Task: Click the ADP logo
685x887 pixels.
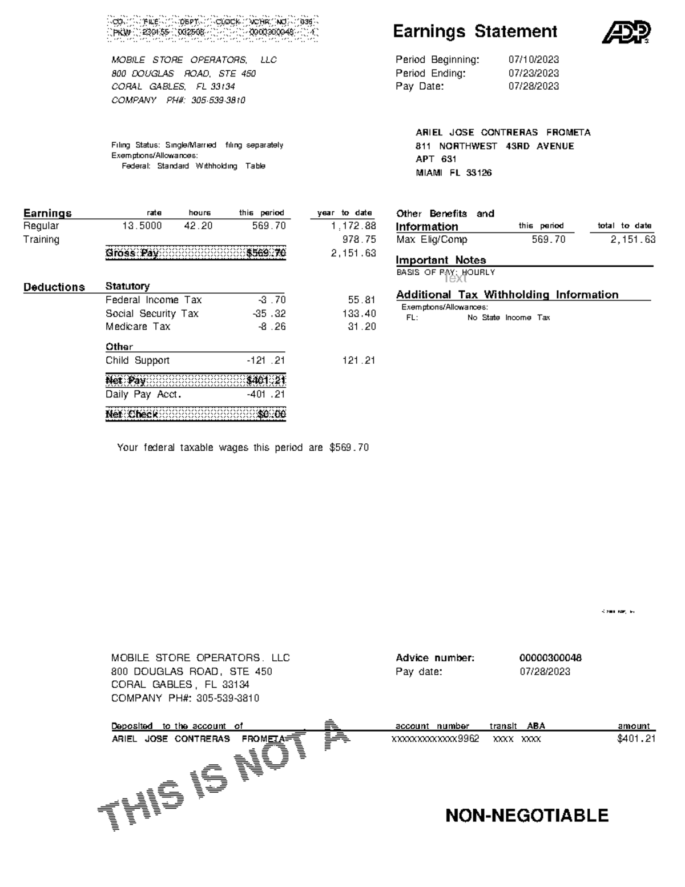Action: [626, 32]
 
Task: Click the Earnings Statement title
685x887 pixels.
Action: [475, 31]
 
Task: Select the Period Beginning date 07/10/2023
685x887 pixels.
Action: [533, 60]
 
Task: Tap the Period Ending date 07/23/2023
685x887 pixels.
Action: [533, 73]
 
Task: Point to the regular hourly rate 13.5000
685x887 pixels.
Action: [142, 226]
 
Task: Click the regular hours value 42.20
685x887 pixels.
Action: [198, 226]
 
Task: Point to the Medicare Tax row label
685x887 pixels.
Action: [138, 327]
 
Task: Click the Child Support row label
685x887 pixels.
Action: [137, 361]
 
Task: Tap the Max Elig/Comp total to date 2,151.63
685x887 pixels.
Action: [632, 240]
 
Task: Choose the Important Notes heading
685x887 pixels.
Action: [441, 260]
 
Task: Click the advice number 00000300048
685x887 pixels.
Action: [550, 658]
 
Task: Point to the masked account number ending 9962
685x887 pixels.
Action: [435, 739]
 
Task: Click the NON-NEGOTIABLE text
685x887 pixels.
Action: [526, 816]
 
